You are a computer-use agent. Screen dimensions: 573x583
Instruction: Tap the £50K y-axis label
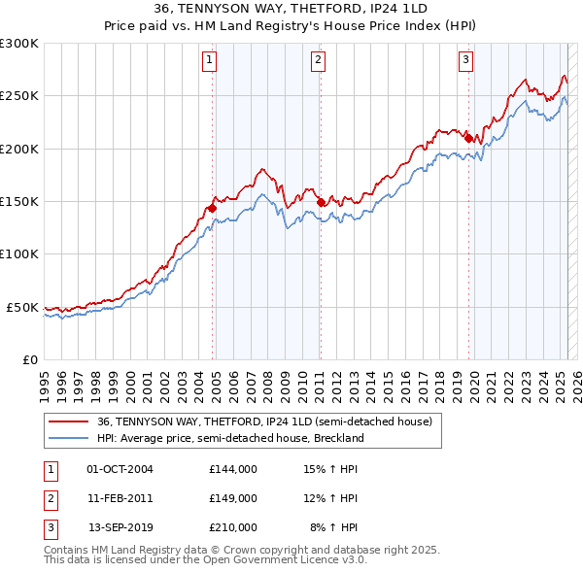click(22, 307)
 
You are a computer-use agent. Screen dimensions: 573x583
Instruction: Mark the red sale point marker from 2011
click(320, 202)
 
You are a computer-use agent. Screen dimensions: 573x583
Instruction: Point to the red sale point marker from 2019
click(467, 138)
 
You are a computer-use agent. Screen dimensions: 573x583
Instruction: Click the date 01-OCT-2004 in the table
click(120, 469)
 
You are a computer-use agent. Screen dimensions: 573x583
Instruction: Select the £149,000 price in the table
click(232, 498)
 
